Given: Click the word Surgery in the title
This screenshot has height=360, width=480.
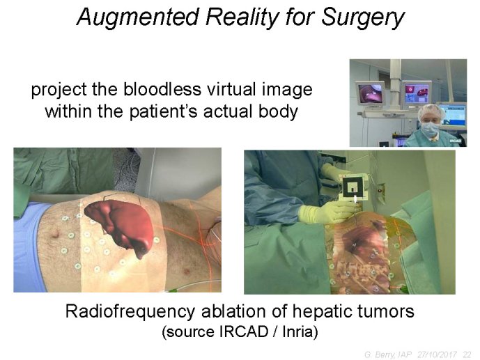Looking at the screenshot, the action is [363, 17].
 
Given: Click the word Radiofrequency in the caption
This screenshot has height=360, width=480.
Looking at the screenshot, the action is [130, 312].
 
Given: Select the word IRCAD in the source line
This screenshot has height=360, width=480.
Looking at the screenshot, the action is [244, 332].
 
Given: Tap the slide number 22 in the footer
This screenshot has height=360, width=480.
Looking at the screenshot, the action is [467, 354].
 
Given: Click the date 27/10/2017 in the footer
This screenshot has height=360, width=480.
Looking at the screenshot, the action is [438, 354].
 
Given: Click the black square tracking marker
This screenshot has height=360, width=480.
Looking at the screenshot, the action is [353, 189].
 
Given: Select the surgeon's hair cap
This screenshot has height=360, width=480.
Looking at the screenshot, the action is [431, 111].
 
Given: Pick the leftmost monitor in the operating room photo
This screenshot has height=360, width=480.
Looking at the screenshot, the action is [370, 93].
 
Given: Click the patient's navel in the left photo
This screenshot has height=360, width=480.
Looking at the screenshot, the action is [56, 235].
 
